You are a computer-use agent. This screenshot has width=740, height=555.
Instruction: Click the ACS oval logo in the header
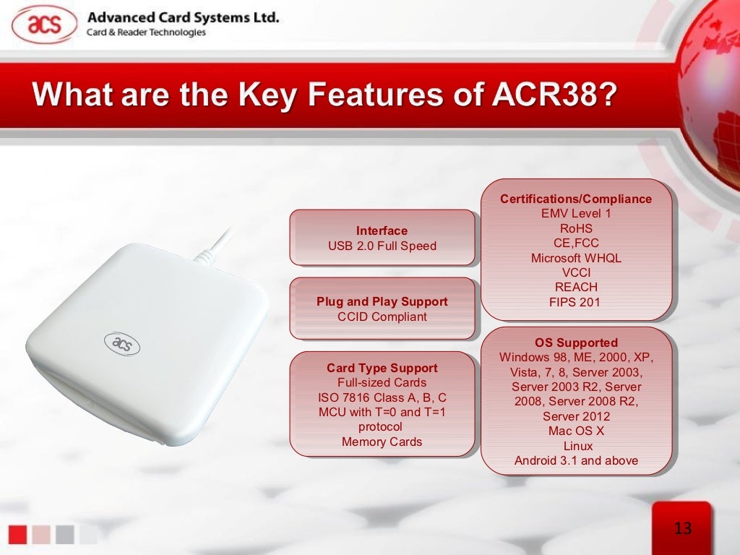click(44, 24)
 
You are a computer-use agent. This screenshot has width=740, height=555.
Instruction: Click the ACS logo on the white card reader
click(121, 343)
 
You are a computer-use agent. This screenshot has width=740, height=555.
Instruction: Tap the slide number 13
click(683, 528)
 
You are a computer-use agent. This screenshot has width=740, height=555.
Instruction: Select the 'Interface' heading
click(382, 231)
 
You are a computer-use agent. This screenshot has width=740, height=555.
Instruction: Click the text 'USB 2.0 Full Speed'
click(382, 246)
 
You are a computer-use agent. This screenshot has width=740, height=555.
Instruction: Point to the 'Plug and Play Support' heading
click(382, 301)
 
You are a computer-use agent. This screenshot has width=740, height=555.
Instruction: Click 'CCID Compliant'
click(382, 317)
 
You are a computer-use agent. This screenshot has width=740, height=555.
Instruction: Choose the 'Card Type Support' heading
click(382, 368)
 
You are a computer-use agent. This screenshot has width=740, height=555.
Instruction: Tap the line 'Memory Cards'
click(382, 442)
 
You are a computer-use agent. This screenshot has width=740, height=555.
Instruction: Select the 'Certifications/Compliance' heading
click(576, 199)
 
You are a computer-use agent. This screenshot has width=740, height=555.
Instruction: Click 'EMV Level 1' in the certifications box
click(576, 213)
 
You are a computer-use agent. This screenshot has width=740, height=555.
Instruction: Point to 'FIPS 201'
click(575, 302)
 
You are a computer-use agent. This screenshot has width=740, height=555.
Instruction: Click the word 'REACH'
click(576, 287)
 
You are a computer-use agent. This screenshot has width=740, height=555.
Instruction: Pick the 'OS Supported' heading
click(576, 343)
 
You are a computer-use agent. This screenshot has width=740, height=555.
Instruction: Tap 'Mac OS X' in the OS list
click(576, 431)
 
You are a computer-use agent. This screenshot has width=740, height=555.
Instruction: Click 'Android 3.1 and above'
click(576, 460)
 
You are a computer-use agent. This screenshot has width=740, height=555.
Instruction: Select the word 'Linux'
click(578, 446)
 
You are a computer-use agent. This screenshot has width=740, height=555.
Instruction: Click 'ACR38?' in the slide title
click(554, 95)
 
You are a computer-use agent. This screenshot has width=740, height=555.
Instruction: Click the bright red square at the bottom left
click(17, 535)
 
